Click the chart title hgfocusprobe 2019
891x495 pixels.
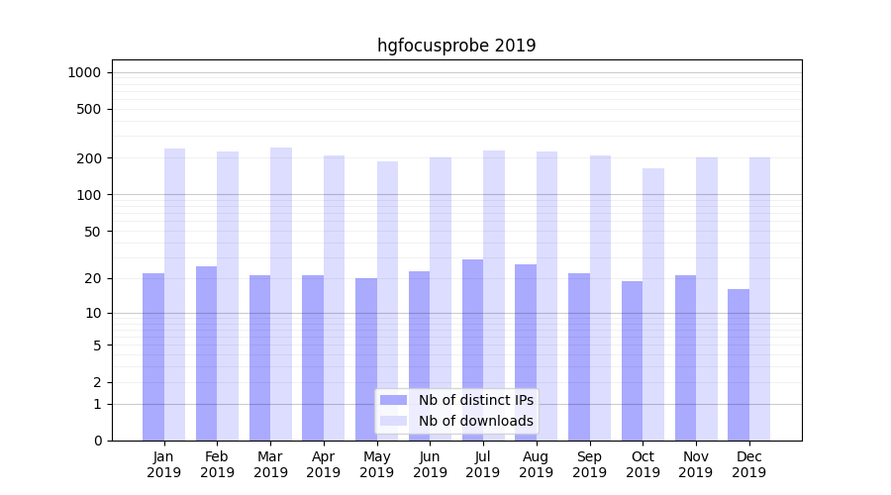click(x=456, y=46)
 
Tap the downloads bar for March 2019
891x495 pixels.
click(x=281, y=294)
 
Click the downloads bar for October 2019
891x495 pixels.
click(x=653, y=304)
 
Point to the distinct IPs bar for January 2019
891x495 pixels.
click(x=153, y=356)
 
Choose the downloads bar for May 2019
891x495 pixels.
click(x=387, y=301)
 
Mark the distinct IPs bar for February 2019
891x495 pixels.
click(x=206, y=353)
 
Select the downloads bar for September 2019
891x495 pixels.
click(x=600, y=298)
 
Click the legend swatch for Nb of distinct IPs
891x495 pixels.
click(x=394, y=400)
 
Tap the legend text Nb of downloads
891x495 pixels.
click(x=476, y=421)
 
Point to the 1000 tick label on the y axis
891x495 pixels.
click(x=84, y=72)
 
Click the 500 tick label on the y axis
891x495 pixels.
click(x=90, y=109)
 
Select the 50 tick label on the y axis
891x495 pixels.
click(x=93, y=231)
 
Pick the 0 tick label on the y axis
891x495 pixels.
click(x=97, y=441)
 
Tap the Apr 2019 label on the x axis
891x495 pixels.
click(x=324, y=464)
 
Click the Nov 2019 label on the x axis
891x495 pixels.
click(x=696, y=464)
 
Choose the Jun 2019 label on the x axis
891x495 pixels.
click(x=430, y=464)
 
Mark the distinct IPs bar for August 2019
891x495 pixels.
click(x=526, y=352)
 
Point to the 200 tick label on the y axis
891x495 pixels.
click(x=90, y=158)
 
